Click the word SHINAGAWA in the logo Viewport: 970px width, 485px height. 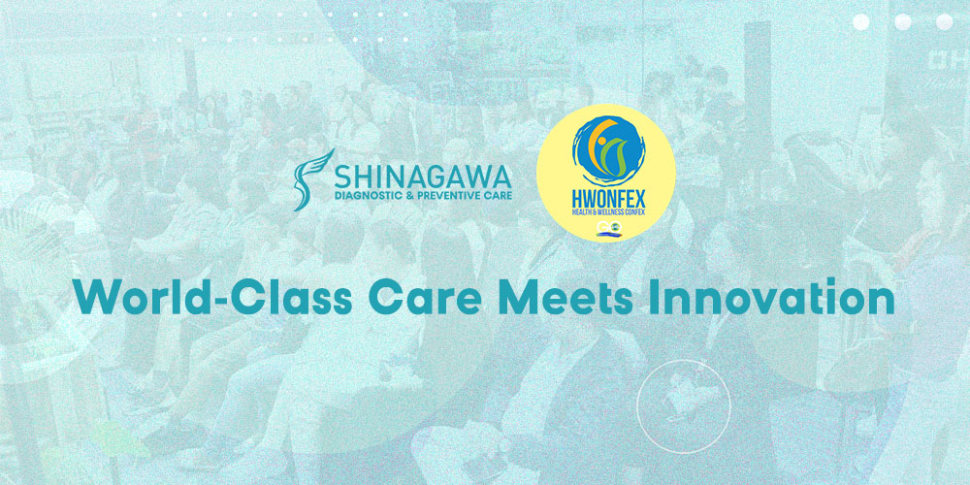pyautogui.click(x=423, y=178)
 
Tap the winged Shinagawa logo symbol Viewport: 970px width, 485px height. pyautogui.click(x=313, y=179)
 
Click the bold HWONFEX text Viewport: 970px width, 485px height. pyautogui.click(x=605, y=199)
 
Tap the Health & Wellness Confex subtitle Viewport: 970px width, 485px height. pyautogui.click(x=605, y=213)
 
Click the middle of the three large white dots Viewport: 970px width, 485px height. pyautogui.click(x=902, y=21)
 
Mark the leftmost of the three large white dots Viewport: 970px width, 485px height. pyautogui.click(x=861, y=21)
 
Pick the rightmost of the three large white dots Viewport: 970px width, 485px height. pyautogui.click(x=944, y=21)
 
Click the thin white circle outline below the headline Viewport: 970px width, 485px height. pyautogui.click(x=637, y=406)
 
